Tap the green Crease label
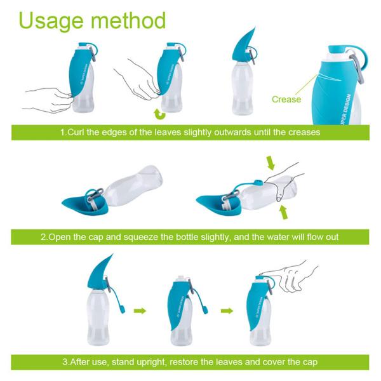tap(286, 99)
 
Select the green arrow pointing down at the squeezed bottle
tap(272, 163)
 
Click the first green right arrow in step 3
tap(140, 311)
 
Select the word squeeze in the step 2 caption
tap(166, 237)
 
